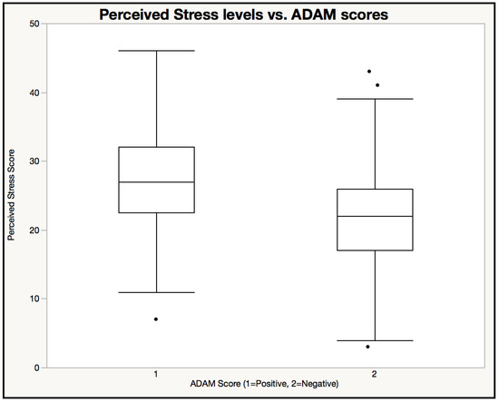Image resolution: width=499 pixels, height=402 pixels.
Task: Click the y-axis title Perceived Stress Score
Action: tap(12, 195)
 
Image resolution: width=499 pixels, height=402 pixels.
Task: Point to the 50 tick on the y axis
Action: tap(34, 24)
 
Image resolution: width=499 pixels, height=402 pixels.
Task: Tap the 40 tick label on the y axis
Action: tap(34, 93)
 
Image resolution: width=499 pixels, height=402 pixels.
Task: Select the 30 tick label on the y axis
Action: tap(34, 162)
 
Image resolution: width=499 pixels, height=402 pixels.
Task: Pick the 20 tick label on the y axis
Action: tap(34, 230)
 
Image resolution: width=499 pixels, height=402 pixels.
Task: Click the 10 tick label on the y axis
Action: tap(34, 299)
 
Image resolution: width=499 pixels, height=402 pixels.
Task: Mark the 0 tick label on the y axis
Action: tap(36, 368)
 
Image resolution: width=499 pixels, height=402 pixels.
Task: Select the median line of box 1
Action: tap(156, 181)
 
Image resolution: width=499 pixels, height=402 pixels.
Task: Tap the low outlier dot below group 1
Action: tap(156, 319)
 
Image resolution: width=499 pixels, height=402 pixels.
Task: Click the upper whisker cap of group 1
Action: tap(156, 51)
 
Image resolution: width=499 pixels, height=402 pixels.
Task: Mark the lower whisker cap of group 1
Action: tap(156, 292)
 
